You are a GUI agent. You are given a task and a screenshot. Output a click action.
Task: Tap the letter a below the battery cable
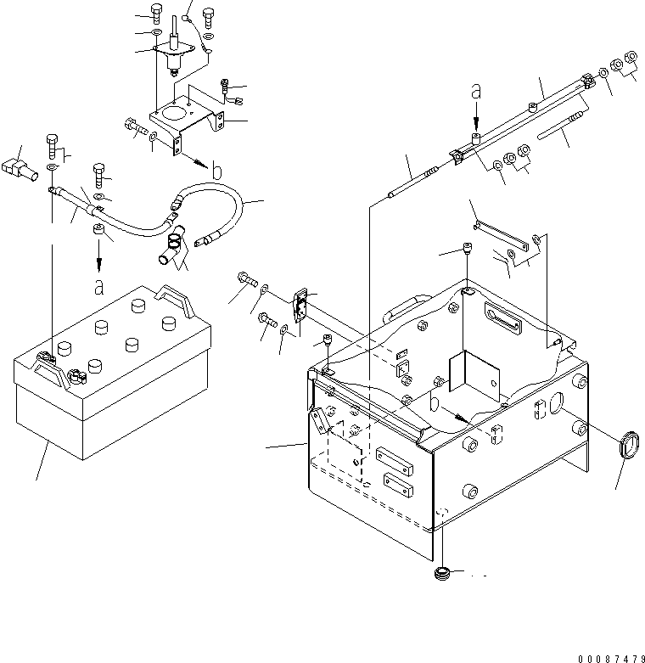[x=99, y=287]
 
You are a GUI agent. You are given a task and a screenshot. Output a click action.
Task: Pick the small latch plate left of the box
[x=300, y=305]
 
